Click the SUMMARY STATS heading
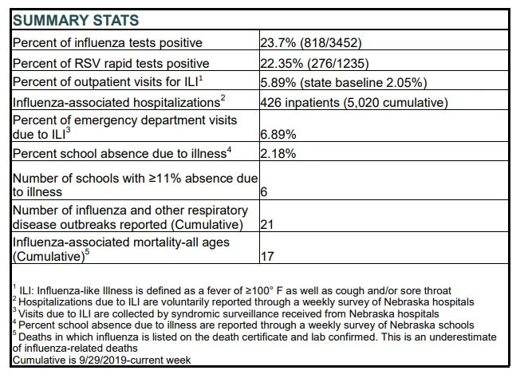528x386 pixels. [x=76, y=20]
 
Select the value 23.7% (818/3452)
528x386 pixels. [x=311, y=43]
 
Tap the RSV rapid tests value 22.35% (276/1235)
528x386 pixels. [x=314, y=63]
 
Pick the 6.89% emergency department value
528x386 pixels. [x=278, y=135]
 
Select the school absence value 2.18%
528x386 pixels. [x=278, y=154]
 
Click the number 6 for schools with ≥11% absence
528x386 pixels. [x=264, y=192]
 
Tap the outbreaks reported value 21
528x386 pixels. [x=267, y=224]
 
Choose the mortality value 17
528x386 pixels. [x=267, y=257]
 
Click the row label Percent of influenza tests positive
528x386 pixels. [x=108, y=43]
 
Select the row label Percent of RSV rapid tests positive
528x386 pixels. [x=111, y=63]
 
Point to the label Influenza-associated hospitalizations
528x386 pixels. [x=116, y=102]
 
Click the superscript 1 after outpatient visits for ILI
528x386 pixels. [x=201, y=78]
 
